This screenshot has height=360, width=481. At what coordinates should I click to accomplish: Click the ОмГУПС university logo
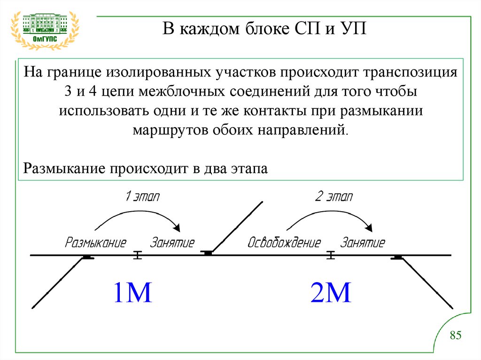pyautogui.click(x=45, y=29)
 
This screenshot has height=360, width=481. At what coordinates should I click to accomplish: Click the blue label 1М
pyautogui.click(x=132, y=292)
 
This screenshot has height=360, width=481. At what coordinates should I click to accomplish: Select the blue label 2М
pyautogui.click(x=331, y=292)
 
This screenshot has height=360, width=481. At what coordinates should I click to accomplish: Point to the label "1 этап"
pyautogui.click(x=142, y=196)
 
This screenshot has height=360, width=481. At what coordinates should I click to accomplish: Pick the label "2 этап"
pyautogui.click(x=334, y=196)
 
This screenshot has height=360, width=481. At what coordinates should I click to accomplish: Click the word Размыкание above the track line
pyautogui.click(x=96, y=243)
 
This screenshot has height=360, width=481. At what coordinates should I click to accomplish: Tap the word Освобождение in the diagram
pyautogui.click(x=284, y=243)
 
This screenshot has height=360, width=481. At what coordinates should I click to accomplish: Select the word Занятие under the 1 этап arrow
pyautogui.click(x=172, y=243)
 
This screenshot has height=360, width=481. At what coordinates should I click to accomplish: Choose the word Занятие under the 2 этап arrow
pyautogui.click(x=363, y=243)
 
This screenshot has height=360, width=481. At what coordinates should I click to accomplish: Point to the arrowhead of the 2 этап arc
pyautogui.click(x=370, y=228)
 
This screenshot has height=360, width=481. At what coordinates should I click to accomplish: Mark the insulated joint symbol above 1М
pyautogui.click(x=137, y=255)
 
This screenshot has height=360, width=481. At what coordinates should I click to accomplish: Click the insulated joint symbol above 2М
pyautogui.click(x=331, y=255)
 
